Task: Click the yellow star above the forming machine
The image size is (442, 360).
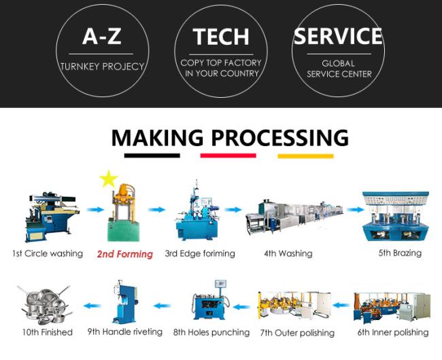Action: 108,179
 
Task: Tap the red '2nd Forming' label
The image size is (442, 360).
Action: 125,254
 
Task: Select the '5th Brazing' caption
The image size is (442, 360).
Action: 400,253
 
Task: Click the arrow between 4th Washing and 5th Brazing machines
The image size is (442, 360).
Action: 356,209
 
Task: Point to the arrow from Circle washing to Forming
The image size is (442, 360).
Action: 95,209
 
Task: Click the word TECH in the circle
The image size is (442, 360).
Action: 221,37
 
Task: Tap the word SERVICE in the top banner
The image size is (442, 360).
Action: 338,36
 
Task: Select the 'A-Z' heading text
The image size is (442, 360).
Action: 102,36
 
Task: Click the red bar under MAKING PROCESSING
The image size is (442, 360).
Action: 228,156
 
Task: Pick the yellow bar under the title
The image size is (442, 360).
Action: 305,156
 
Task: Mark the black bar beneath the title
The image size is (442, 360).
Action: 152,156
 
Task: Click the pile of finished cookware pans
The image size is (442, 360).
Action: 45,305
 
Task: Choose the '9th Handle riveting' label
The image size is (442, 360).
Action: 125,332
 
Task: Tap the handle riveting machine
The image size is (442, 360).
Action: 125,302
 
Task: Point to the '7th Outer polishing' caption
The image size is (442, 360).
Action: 297,333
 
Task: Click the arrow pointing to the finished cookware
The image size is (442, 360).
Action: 92,306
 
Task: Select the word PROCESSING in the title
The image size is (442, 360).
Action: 280,137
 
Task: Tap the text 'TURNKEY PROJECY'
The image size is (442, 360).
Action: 102,67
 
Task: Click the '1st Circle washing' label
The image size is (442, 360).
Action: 48,253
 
